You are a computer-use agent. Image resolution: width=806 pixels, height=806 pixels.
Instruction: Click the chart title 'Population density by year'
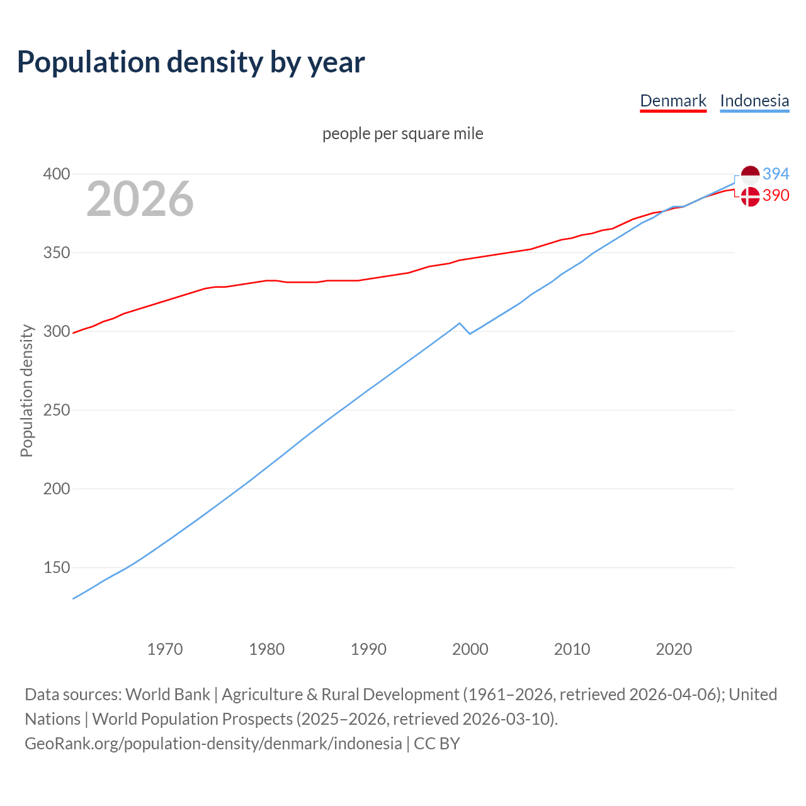pyautogui.click(x=191, y=62)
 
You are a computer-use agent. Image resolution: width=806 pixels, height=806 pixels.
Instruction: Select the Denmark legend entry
pyautogui.click(x=673, y=101)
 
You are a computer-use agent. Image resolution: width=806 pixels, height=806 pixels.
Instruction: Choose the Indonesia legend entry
pyautogui.click(x=754, y=101)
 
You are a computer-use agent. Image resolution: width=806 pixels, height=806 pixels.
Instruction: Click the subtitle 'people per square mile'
pyautogui.click(x=403, y=133)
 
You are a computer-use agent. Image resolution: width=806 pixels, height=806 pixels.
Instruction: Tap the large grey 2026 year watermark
pyautogui.click(x=140, y=199)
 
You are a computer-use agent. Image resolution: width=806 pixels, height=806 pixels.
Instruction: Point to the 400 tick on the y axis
pyautogui.click(x=56, y=174)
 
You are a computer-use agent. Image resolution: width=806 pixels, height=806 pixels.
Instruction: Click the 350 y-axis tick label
pyautogui.click(x=56, y=253)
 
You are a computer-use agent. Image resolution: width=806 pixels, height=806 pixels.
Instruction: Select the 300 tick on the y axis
pyautogui.click(x=56, y=331)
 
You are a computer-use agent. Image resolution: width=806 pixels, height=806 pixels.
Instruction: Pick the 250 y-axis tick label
pyautogui.click(x=56, y=410)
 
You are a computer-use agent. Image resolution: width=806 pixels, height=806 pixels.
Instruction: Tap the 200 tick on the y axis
pyautogui.click(x=56, y=489)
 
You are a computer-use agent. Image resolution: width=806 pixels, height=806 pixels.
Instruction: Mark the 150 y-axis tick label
pyautogui.click(x=56, y=567)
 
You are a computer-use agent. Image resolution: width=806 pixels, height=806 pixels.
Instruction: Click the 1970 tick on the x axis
pyautogui.click(x=165, y=649)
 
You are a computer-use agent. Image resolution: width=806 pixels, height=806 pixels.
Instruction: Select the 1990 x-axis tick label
pyautogui.click(x=368, y=649)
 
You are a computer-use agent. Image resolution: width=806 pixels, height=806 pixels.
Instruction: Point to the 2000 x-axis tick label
pyautogui.click(x=470, y=649)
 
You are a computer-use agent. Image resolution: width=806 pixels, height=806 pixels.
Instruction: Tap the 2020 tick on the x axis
pyautogui.click(x=674, y=649)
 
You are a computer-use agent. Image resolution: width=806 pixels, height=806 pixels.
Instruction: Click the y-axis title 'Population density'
pyautogui.click(x=26, y=390)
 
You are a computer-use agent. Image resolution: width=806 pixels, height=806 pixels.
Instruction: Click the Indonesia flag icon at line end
pyautogui.click(x=750, y=174)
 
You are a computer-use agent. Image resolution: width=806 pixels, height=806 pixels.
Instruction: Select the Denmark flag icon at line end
pyautogui.click(x=750, y=196)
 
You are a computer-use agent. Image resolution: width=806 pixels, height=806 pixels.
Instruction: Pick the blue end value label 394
pyautogui.click(x=776, y=174)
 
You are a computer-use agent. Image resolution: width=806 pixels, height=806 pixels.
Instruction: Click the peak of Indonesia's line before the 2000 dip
pyautogui.click(x=460, y=323)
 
